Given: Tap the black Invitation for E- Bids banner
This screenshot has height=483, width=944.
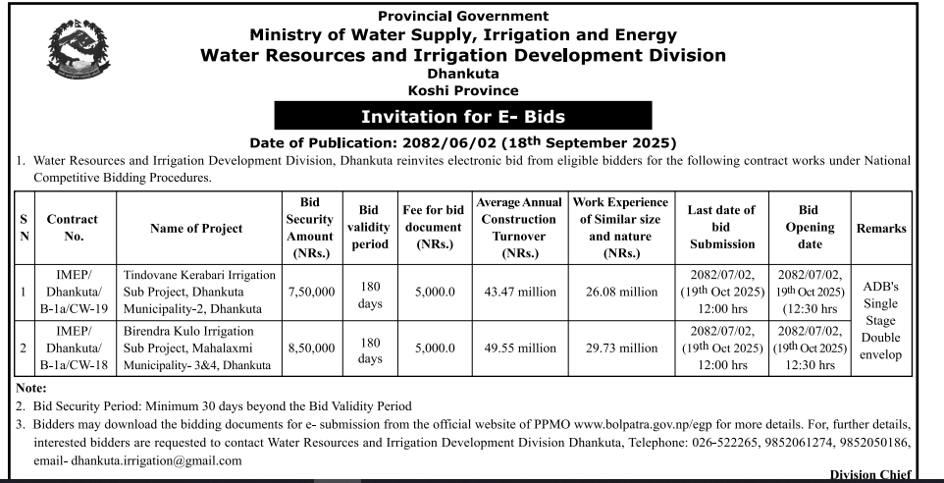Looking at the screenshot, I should click(464, 116).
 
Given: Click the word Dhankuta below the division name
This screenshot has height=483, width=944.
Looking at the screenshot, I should click(463, 74).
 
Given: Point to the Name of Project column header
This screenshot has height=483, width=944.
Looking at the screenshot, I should click(196, 228).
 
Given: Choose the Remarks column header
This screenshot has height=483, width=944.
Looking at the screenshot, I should click(880, 228).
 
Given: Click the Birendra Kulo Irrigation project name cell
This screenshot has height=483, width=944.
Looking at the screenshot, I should click(196, 348).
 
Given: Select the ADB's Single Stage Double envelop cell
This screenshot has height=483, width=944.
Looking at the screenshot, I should click(880, 319).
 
